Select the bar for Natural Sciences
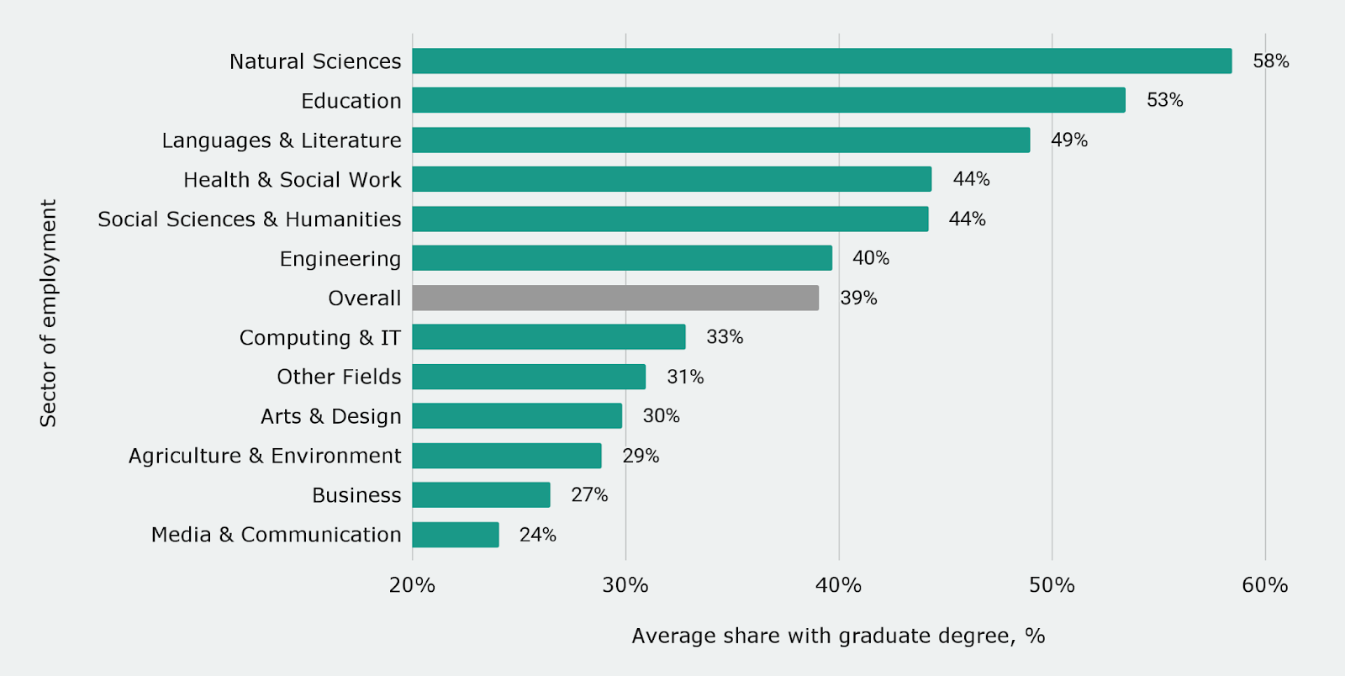click(821, 61)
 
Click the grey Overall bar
click(615, 298)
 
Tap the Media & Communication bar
click(456, 535)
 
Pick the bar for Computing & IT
click(549, 337)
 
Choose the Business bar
click(481, 495)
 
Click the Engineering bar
click(622, 258)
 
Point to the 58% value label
click(1270, 61)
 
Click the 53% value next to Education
click(1164, 100)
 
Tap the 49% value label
click(1068, 140)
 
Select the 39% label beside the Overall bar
click(858, 298)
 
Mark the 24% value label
click(537, 535)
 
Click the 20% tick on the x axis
click(412, 585)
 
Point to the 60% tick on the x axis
click(1264, 585)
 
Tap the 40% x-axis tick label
click(838, 585)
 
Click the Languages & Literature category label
click(282, 140)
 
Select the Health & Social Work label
click(293, 180)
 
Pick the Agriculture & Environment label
click(265, 456)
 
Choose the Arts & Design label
click(331, 416)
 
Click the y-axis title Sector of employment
click(49, 313)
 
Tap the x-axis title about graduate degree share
click(838, 636)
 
